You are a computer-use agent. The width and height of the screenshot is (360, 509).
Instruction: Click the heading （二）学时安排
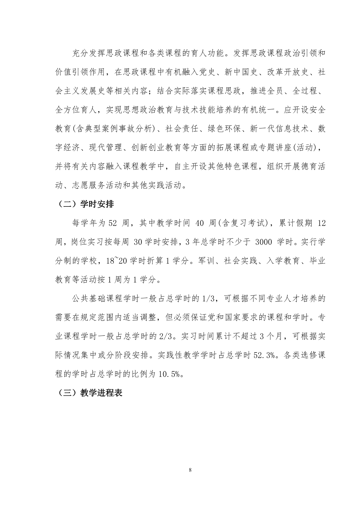[84, 204]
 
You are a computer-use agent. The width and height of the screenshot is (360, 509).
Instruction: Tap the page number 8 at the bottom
[190, 470]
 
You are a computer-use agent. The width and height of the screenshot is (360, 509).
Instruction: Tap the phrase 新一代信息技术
[280, 129]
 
